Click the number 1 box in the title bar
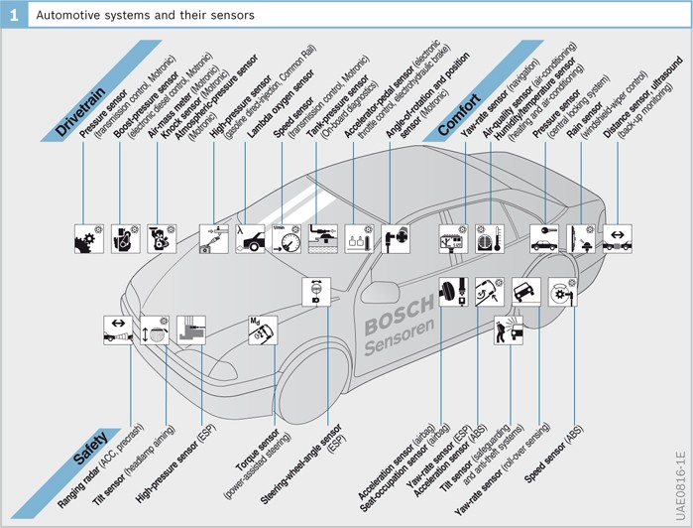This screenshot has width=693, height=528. coord(14,14)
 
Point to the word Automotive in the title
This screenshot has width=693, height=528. coord(68,15)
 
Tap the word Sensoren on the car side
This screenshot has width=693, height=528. coord(402,337)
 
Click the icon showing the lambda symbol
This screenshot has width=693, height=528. coord(250,238)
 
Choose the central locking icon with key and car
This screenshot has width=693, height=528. coord(544,238)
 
